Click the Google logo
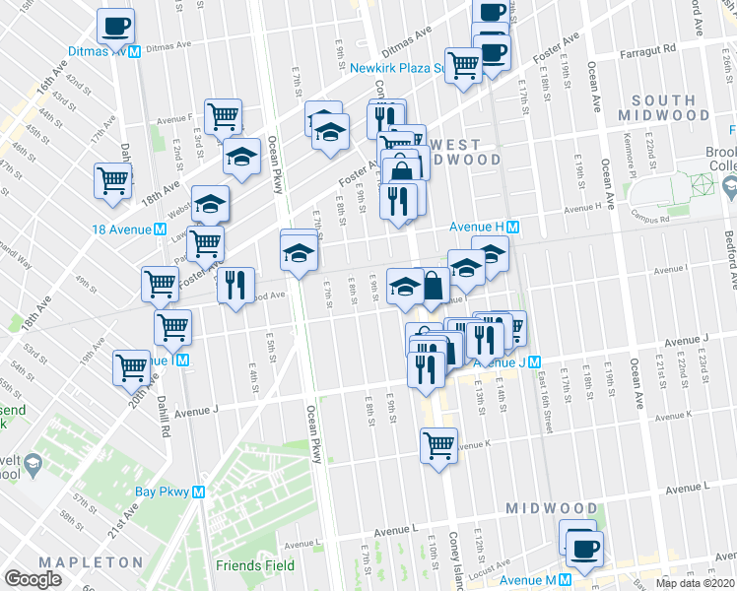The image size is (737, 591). [x=34, y=579]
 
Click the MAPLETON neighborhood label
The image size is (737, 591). [x=92, y=562]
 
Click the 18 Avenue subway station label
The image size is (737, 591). [x=129, y=229]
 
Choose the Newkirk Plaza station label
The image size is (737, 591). [x=398, y=69]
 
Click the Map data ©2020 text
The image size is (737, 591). [x=694, y=583]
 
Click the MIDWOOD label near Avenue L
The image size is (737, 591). [x=551, y=508]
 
